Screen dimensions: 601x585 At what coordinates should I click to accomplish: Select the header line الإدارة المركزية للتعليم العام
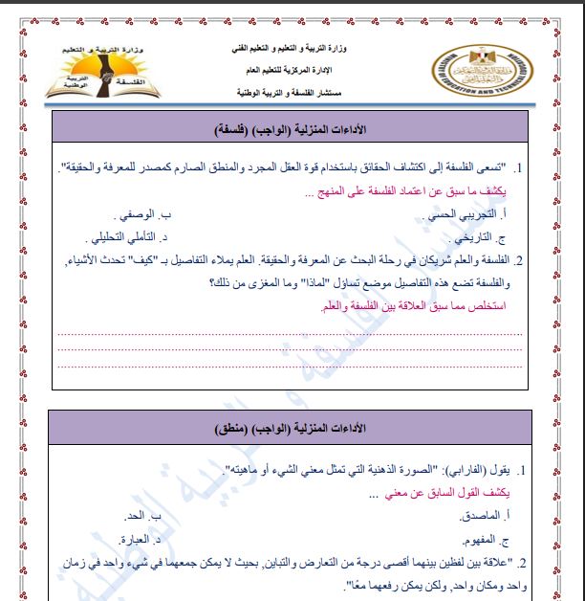287,70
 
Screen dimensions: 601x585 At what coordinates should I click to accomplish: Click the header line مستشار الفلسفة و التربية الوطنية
286,93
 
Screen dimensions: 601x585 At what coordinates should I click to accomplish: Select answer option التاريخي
472,236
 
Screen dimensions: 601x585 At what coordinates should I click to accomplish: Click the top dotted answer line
291,334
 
